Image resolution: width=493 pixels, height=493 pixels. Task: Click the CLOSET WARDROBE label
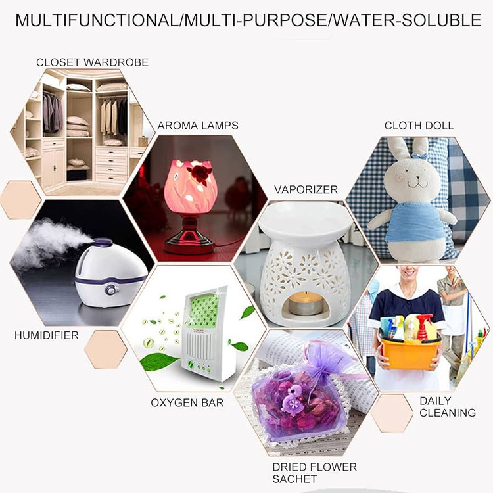(x=92, y=62)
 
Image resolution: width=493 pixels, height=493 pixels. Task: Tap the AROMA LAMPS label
(x=198, y=126)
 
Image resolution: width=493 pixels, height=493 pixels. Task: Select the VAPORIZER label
(x=306, y=189)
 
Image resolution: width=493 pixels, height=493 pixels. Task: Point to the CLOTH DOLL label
(x=419, y=126)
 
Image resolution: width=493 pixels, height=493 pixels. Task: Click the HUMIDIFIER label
(x=47, y=335)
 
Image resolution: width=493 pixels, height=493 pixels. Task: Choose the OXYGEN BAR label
(x=187, y=402)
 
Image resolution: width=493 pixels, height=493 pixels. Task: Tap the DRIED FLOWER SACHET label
(x=314, y=473)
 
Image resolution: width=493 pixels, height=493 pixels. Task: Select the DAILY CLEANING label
(x=448, y=406)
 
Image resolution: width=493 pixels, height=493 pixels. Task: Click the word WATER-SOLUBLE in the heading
(x=406, y=20)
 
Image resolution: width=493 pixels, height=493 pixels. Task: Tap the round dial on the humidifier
(x=110, y=290)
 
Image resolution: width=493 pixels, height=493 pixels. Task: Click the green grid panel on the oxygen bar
(x=204, y=311)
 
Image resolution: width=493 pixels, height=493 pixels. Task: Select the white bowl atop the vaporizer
(x=305, y=219)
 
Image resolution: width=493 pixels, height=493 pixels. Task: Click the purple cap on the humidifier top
(x=103, y=243)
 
